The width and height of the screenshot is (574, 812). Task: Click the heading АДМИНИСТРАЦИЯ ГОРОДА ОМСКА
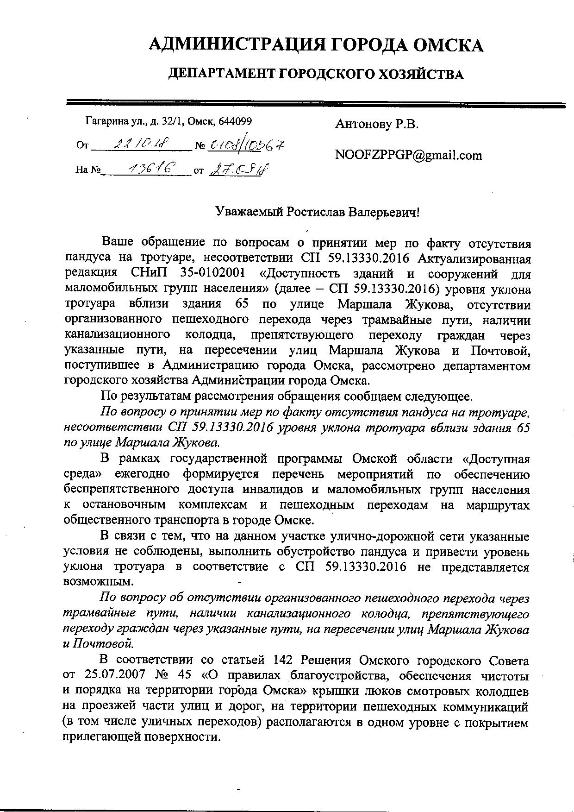(316, 45)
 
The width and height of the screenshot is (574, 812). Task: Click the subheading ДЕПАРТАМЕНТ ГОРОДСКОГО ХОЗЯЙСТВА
(315, 74)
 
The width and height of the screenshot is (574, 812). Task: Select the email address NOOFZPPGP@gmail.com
(408, 155)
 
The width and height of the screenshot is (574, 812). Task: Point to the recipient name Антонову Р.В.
(376, 124)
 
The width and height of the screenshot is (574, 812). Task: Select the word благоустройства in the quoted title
(337, 676)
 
